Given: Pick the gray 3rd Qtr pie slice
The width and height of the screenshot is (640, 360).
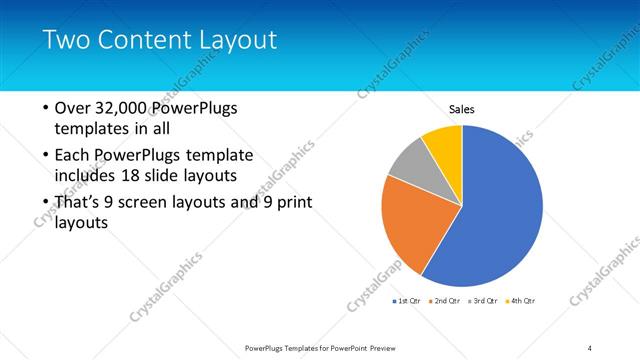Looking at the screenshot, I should [407, 167].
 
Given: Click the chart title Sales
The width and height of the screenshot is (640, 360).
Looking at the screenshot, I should [461, 109].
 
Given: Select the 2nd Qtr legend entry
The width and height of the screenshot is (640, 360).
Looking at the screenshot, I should [444, 300].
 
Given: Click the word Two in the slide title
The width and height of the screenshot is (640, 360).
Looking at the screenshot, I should [64, 40].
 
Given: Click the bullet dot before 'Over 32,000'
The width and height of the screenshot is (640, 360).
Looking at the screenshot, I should [45, 108].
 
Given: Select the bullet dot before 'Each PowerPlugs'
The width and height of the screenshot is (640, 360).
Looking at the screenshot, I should [45, 156].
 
